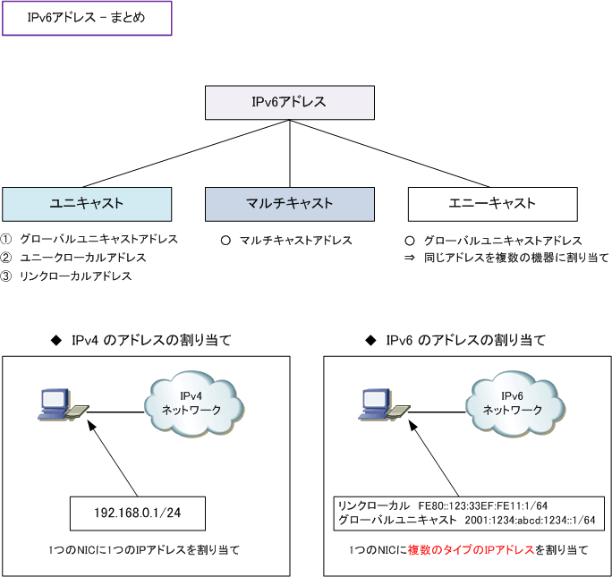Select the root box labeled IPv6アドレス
tap(290, 103)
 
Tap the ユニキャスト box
tap(86, 204)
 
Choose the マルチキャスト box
tap(289, 204)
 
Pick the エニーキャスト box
tap(492, 204)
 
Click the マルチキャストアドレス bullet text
tap(295, 241)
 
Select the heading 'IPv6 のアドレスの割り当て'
tap(465, 341)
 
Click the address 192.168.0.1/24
tap(139, 514)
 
